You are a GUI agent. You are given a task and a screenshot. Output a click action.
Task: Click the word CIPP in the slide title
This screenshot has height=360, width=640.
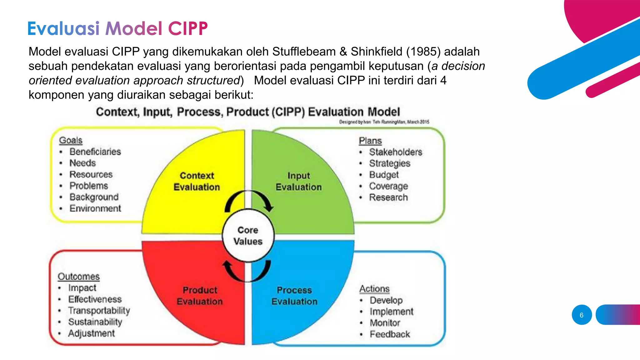pyautogui.click(x=188, y=29)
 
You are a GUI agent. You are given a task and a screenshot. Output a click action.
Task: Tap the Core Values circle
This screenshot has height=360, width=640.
pyautogui.click(x=248, y=236)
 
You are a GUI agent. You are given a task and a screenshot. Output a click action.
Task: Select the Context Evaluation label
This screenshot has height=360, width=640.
pyautogui.click(x=197, y=181)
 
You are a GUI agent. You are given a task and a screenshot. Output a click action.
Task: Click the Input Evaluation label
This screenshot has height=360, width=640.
pyautogui.click(x=298, y=181)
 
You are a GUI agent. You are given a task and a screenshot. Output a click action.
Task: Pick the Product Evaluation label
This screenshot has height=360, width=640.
pyautogui.click(x=200, y=296)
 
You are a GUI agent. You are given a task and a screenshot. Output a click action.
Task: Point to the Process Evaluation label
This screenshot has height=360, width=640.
pyautogui.click(x=294, y=296)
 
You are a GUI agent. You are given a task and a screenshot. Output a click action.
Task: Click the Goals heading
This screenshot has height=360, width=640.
pyautogui.click(x=71, y=140)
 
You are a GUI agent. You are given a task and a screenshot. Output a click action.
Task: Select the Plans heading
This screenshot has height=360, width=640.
pyautogui.click(x=370, y=141)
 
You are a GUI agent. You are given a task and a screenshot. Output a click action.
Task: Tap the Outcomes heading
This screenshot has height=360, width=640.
pyautogui.click(x=79, y=277)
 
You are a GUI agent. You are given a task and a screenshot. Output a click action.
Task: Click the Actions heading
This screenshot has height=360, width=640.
pyautogui.click(x=374, y=289)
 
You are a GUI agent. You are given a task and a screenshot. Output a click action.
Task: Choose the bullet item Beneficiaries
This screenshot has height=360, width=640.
pyautogui.click(x=95, y=152)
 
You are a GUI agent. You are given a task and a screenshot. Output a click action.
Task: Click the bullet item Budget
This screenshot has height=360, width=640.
pyautogui.click(x=384, y=175)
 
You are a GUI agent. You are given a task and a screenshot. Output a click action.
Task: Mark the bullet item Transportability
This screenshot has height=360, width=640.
pyautogui.click(x=99, y=311)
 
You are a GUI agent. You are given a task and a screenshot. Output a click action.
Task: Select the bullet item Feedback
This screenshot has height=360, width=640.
pyautogui.click(x=390, y=334)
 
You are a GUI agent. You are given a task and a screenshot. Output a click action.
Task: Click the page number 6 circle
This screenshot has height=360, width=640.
pyautogui.click(x=582, y=315)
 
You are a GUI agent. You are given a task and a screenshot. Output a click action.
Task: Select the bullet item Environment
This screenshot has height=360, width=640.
pyautogui.click(x=95, y=208)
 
